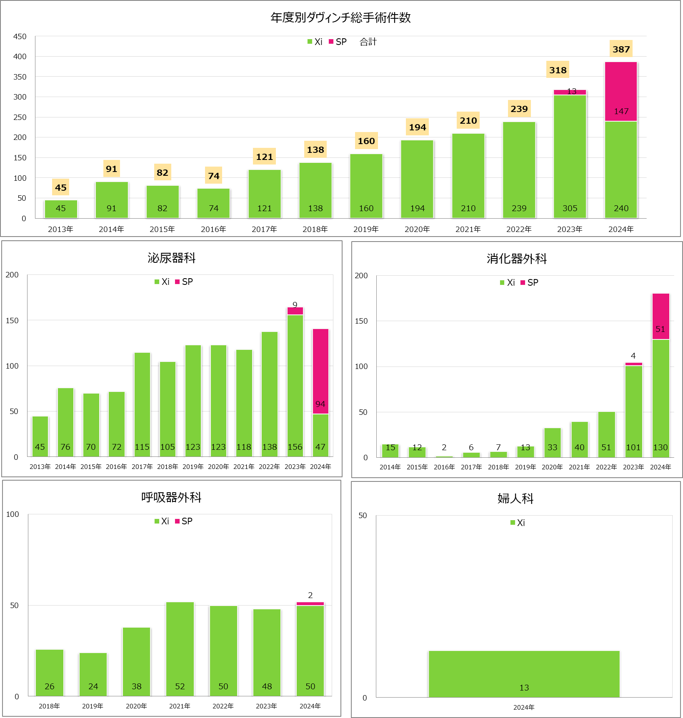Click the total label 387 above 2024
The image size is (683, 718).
(621, 49)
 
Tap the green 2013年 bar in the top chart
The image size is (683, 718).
(61, 209)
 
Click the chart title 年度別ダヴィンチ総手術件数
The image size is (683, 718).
(340, 17)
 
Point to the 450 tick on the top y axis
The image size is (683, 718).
(20, 37)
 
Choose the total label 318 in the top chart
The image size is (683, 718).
(558, 70)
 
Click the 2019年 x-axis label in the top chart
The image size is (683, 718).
(366, 229)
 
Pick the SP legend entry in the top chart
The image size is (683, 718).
(338, 42)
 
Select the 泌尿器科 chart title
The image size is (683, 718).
(171, 258)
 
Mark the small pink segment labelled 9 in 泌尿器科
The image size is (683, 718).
(295, 311)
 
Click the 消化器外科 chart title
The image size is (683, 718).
(516, 259)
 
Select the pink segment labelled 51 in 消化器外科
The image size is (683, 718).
(660, 317)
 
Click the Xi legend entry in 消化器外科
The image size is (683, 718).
(508, 283)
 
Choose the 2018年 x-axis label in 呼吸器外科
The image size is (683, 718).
(49, 706)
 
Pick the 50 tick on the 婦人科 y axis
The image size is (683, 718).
(363, 516)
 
